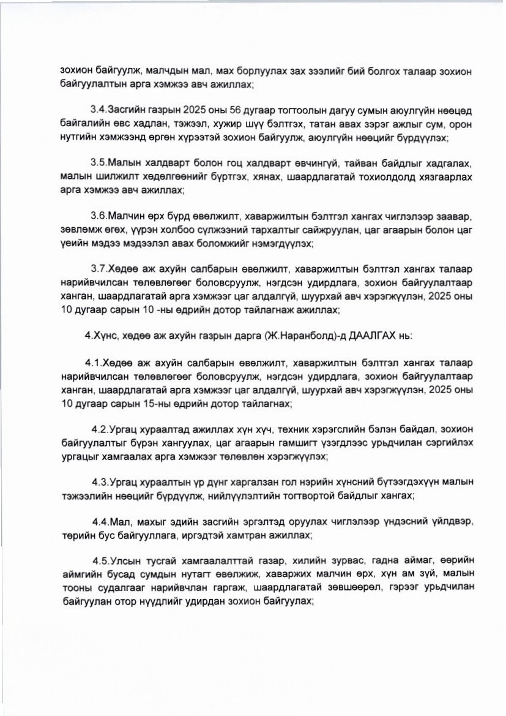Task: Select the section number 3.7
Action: pyautogui.click(x=98, y=269)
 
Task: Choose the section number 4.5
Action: pyautogui.click(x=102, y=562)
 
